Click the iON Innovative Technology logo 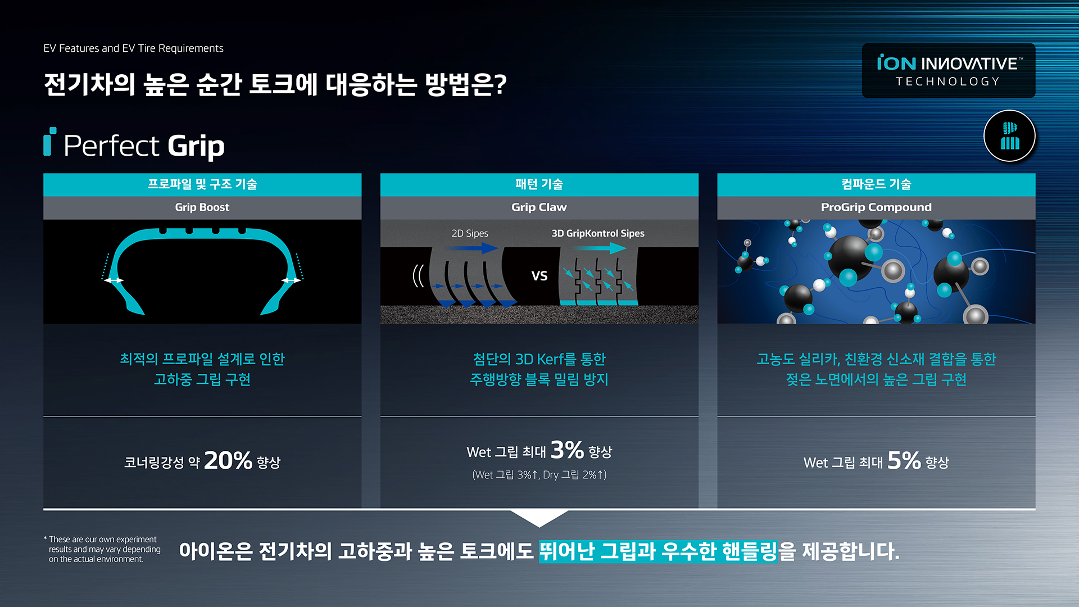[x=949, y=71]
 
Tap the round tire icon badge [x=1009, y=136]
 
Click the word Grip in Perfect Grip [x=196, y=146]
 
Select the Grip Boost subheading [x=202, y=207]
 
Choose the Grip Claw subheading [x=539, y=207]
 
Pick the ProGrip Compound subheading [x=876, y=207]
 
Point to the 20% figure [x=228, y=460]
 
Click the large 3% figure [x=567, y=450]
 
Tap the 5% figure [x=904, y=460]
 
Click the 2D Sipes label [x=470, y=233]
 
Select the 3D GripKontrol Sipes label [x=598, y=233]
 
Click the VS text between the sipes [x=539, y=276]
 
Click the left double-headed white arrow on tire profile [x=114, y=280]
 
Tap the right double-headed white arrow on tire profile [x=291, y=280]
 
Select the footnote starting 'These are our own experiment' [x=102, y=549]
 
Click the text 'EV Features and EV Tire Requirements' [x=133, y=48]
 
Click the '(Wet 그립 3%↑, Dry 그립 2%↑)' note [x=539, y=475]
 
